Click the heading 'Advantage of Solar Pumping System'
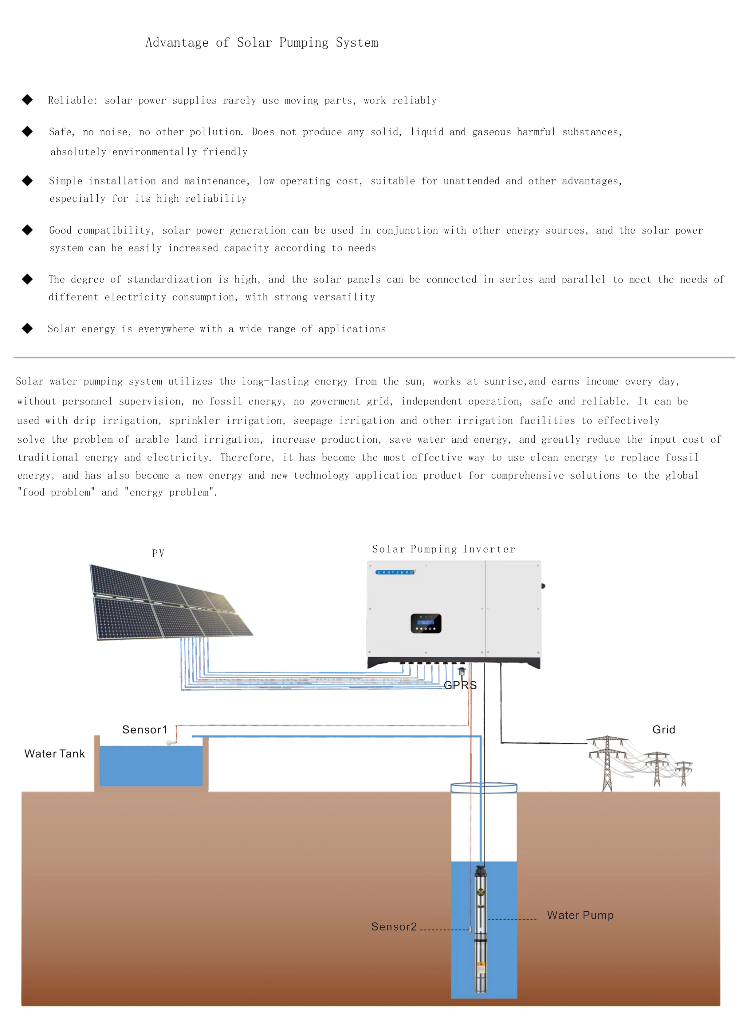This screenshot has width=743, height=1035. pos(262,42)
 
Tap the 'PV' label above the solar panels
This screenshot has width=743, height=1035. pos(158,553)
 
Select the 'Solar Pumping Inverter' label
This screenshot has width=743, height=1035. pos(444,549)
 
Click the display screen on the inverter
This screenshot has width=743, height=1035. pos(426,623)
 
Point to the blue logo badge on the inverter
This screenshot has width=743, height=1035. pos(395,572)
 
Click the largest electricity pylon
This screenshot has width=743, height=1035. pos(607,763)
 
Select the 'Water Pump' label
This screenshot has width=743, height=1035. pos(580,915)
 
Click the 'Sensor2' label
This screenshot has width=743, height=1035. pos(394,926)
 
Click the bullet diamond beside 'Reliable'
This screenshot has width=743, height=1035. pos(27,100)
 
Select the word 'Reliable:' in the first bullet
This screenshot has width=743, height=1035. pos(73,101)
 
